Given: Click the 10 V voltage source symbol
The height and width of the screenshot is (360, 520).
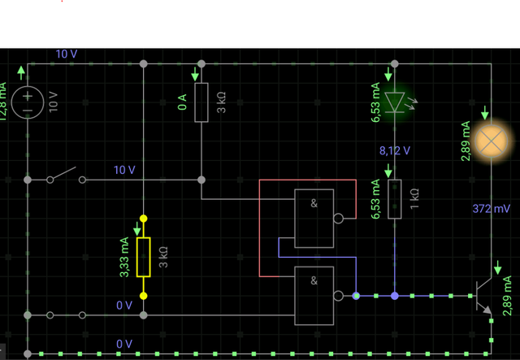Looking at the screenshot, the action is [x=28, y=102].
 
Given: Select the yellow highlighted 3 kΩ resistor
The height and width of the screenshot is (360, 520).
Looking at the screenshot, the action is [x=143, y=257].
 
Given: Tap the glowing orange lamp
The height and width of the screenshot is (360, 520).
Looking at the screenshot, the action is [x=491, y=141].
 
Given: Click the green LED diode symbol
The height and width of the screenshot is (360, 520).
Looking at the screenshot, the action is [x=395, y=102].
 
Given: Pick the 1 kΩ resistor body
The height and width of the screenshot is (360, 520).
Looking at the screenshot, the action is [x=395, y=199].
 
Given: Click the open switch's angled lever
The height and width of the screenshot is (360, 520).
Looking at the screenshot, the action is [x=63, y=174].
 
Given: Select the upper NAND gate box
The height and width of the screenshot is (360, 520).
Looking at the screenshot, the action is [x=314, y=219].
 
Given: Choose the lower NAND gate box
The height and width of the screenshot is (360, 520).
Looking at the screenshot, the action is [x=314, y=296].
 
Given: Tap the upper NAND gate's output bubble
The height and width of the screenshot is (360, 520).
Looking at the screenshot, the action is [x=338, y=219].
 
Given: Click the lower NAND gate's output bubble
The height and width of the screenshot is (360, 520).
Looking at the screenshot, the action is [x=338, y=296].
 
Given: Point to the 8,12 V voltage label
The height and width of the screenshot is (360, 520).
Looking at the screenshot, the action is [x=395, y=151].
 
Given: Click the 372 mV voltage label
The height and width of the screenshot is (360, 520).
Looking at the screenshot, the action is [x=491, y=209].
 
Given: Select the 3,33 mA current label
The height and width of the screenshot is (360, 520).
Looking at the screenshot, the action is [x=124, y=257].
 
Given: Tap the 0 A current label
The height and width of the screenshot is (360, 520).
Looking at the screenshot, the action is [x=182, y=102].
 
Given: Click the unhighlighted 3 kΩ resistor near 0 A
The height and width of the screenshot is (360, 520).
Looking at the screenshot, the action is [x=201, y=102].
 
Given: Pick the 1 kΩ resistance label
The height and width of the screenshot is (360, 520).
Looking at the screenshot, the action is [x=414, y=199].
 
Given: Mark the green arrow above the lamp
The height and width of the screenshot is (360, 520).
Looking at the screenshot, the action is [x=485, y=113].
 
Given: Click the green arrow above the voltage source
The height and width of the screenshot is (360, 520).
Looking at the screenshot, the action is [x=21, y=72].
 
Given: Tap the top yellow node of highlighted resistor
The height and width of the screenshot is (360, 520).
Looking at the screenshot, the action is [x=143, y=219].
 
